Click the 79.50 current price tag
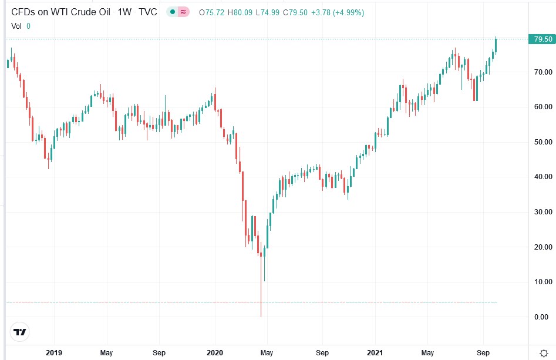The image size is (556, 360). [x=543, y=39]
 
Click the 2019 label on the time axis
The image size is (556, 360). [x=53, y=353]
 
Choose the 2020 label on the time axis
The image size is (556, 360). [x=214, y=353]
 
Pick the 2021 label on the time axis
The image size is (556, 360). [x=376, y=353]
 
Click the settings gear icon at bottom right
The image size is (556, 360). [x=544, y=353]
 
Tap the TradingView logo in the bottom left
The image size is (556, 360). [x=20, y=332]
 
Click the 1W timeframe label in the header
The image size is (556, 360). [x=124, y=12]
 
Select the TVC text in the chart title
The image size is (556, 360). [x=147, y=12]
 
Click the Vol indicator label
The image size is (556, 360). [x=17, y=26]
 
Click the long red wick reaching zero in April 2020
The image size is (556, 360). [x=261, y=294]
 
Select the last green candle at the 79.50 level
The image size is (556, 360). [x=496, y=45]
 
